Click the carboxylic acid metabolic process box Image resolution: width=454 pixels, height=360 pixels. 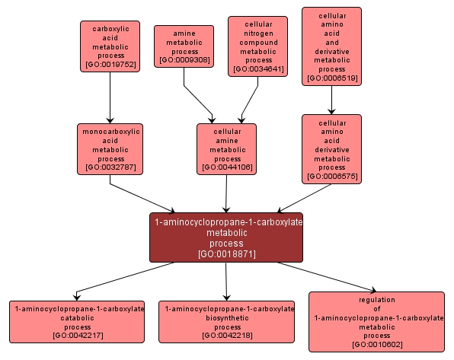(x=110, y=46)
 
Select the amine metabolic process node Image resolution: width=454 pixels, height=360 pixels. (x=184, y=45)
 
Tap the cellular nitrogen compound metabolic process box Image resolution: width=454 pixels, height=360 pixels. (x=257, y=46)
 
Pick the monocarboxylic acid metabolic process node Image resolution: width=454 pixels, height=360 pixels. (x=110, y=148)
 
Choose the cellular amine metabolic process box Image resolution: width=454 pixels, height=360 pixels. (x=226, y=148)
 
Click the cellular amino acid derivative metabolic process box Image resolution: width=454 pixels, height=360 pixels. (x=331, y=148)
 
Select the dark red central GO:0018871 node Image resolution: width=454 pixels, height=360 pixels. (x=226, y=237)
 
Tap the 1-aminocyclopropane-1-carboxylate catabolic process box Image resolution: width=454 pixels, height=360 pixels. (x=76, y=321)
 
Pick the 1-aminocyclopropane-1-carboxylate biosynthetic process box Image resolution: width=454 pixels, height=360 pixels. (x=226, y=321)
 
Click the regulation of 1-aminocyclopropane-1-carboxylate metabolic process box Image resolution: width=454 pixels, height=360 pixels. (x=376, y=321)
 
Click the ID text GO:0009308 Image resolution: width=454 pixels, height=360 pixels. (x=184, y=59)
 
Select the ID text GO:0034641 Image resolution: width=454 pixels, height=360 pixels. (x=257, y=69)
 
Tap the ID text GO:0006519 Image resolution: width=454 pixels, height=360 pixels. (x=331, y=78)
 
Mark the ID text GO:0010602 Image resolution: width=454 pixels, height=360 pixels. (x=376, y=345)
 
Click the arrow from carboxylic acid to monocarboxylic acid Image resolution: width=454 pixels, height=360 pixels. (x=110, y=98)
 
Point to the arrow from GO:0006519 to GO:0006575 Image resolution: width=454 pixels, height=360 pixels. (x=331, y=99)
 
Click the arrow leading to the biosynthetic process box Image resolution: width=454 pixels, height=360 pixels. (x=227, y=282)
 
